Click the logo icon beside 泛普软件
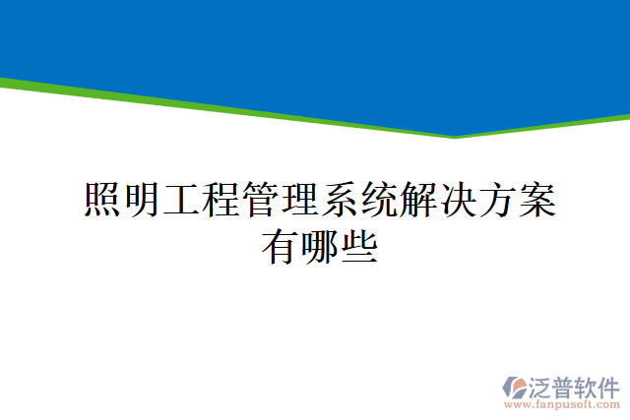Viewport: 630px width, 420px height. [516, 388]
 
